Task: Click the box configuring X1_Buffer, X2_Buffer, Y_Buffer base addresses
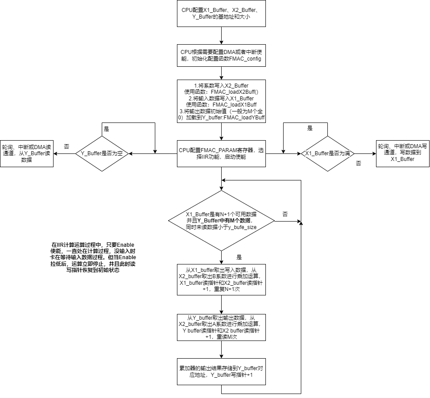(x=221, y=13)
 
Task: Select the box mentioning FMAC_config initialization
(x=221, y=55)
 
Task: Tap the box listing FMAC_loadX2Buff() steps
(x=221, y=101)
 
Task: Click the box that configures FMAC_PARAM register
(x=221, y=153)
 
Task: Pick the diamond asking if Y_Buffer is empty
(x=102, y=153)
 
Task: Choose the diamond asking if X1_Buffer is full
(x=328, y=153)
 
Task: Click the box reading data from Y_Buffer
(x=27, y=153)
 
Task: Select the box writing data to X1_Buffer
(x=403, y=153)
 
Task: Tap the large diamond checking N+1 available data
(x=221, y=221)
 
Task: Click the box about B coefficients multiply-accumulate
(x=221, y=279)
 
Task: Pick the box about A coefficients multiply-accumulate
(x=221, y=327)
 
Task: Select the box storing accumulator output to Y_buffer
(x=221, y=371)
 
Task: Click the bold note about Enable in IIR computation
(x=93, y=257)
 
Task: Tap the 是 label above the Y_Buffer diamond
(x=107, y=129)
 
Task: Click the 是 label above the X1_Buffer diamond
(x=310, y=128)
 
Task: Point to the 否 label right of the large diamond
(x=285, y=214)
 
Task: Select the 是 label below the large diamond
(x=239, y=257)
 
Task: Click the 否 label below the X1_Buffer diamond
(x=358, y=163)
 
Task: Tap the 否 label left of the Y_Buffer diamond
(x=66, y=146)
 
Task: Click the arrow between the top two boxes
(x=221, y=36)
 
